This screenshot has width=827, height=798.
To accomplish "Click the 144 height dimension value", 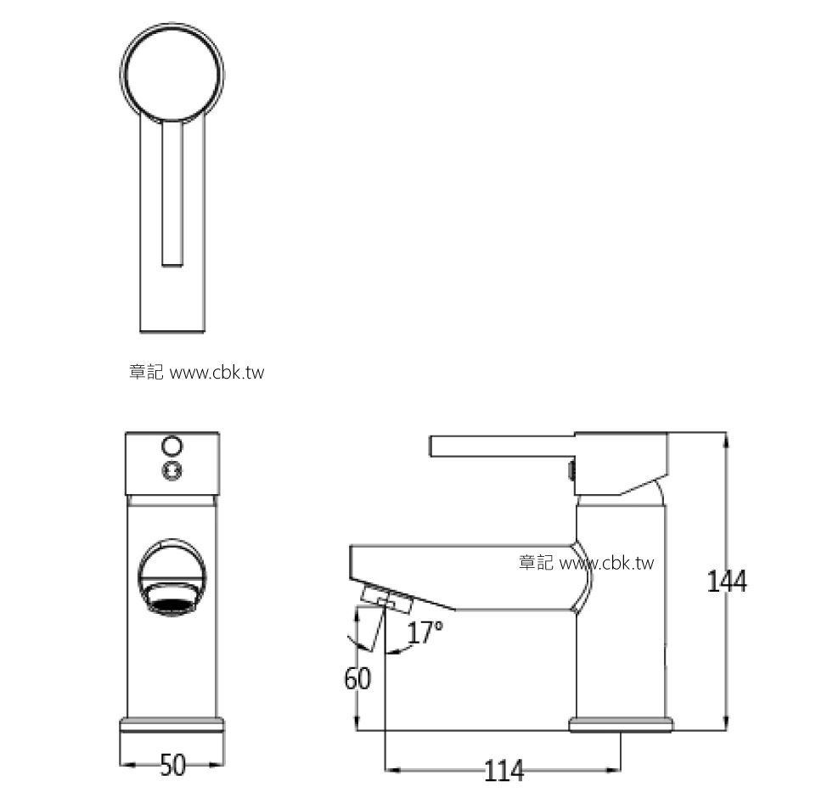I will tap(726, 582).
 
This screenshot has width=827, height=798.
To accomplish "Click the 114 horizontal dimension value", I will tap(504, 771).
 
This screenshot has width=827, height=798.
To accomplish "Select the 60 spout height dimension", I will tap(357, 679).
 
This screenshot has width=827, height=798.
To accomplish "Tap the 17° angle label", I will tap(425, 632).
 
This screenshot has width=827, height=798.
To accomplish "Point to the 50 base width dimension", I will tap(172, 765).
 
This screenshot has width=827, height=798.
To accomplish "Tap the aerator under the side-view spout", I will tap(386, 598).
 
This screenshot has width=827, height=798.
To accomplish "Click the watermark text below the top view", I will tap(196, 373).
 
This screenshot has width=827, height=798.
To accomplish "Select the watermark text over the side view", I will tap(587, 563).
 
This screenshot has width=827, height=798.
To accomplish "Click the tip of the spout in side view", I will tap(355, 561).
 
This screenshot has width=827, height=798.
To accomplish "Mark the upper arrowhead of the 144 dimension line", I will tap(726, 437).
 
